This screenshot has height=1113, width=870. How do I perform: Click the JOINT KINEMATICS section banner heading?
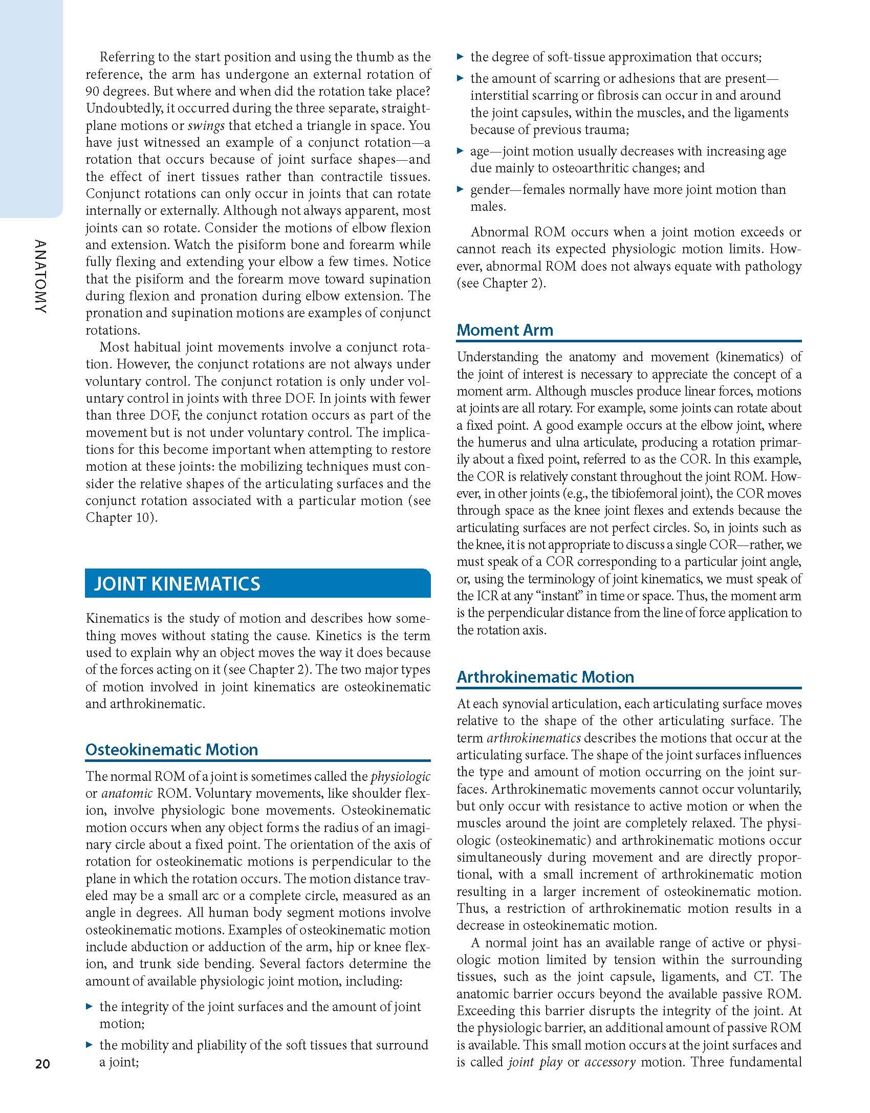pyautogui.click(x=177, y=584)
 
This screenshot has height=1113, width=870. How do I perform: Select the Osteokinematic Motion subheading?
pyautogui.click(x=171, y=750)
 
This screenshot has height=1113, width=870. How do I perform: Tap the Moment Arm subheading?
pyautogui.click(x=505, y=330)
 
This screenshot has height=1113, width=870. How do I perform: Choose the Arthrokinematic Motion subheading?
pyautogui.click(x=545, y=677)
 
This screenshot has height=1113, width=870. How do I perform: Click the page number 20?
pyautogui.click(x=42, y=1064)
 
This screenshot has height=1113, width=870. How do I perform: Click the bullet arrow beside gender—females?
pyautogui.click(x=460, y=189)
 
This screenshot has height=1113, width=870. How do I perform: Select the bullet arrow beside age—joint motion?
pyautogui.click(x=460, y=151)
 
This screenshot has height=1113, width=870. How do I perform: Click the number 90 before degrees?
pyautogui.click(x=93, y=92)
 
